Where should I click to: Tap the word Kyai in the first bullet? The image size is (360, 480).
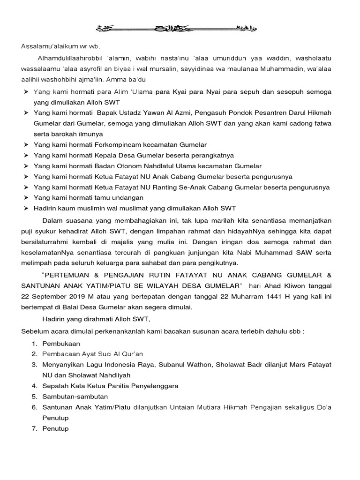pyautogui.click(x=178, y=92)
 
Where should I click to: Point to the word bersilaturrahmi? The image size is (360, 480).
pyautogui.click(x=45, y=241)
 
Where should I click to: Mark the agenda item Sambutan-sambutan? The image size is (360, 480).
pyautogui.click(x=72, y=397)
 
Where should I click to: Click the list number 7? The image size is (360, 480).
pyautogui.click(x=34, y=428)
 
